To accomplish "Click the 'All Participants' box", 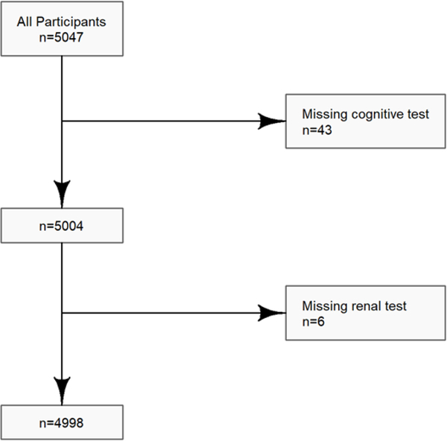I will (x=61, y=29).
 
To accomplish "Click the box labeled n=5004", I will (x=61, y=225).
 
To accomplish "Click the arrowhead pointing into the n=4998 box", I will (x=61, y=388).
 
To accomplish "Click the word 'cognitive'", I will (x=368, y=115).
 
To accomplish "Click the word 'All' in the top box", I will (x=25, y=22).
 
